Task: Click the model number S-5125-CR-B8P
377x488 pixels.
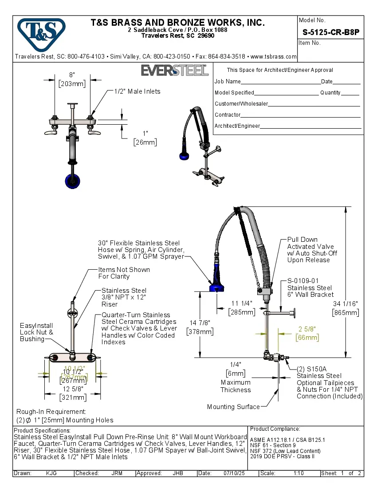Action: [x=330, y=32]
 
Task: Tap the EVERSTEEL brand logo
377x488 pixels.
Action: [x=174, y=71]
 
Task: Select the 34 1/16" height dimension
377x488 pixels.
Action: [x=345, y=307]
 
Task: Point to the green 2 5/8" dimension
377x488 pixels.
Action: [x=307, y=333]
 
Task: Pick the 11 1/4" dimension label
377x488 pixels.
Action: [x=241, y=307]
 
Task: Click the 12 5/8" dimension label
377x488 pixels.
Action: [x=73, y=393]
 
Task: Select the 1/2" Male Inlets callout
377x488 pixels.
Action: [x=137, y=91]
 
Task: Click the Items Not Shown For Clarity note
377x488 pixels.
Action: [x=124, y=273]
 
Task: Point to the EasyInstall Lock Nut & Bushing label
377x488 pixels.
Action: [x=36, y=332]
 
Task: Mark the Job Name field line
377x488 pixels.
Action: [x=280, y=82]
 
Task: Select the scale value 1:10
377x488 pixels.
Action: [x=298, y=473]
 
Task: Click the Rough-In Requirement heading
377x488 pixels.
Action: [x=51, y=412]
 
